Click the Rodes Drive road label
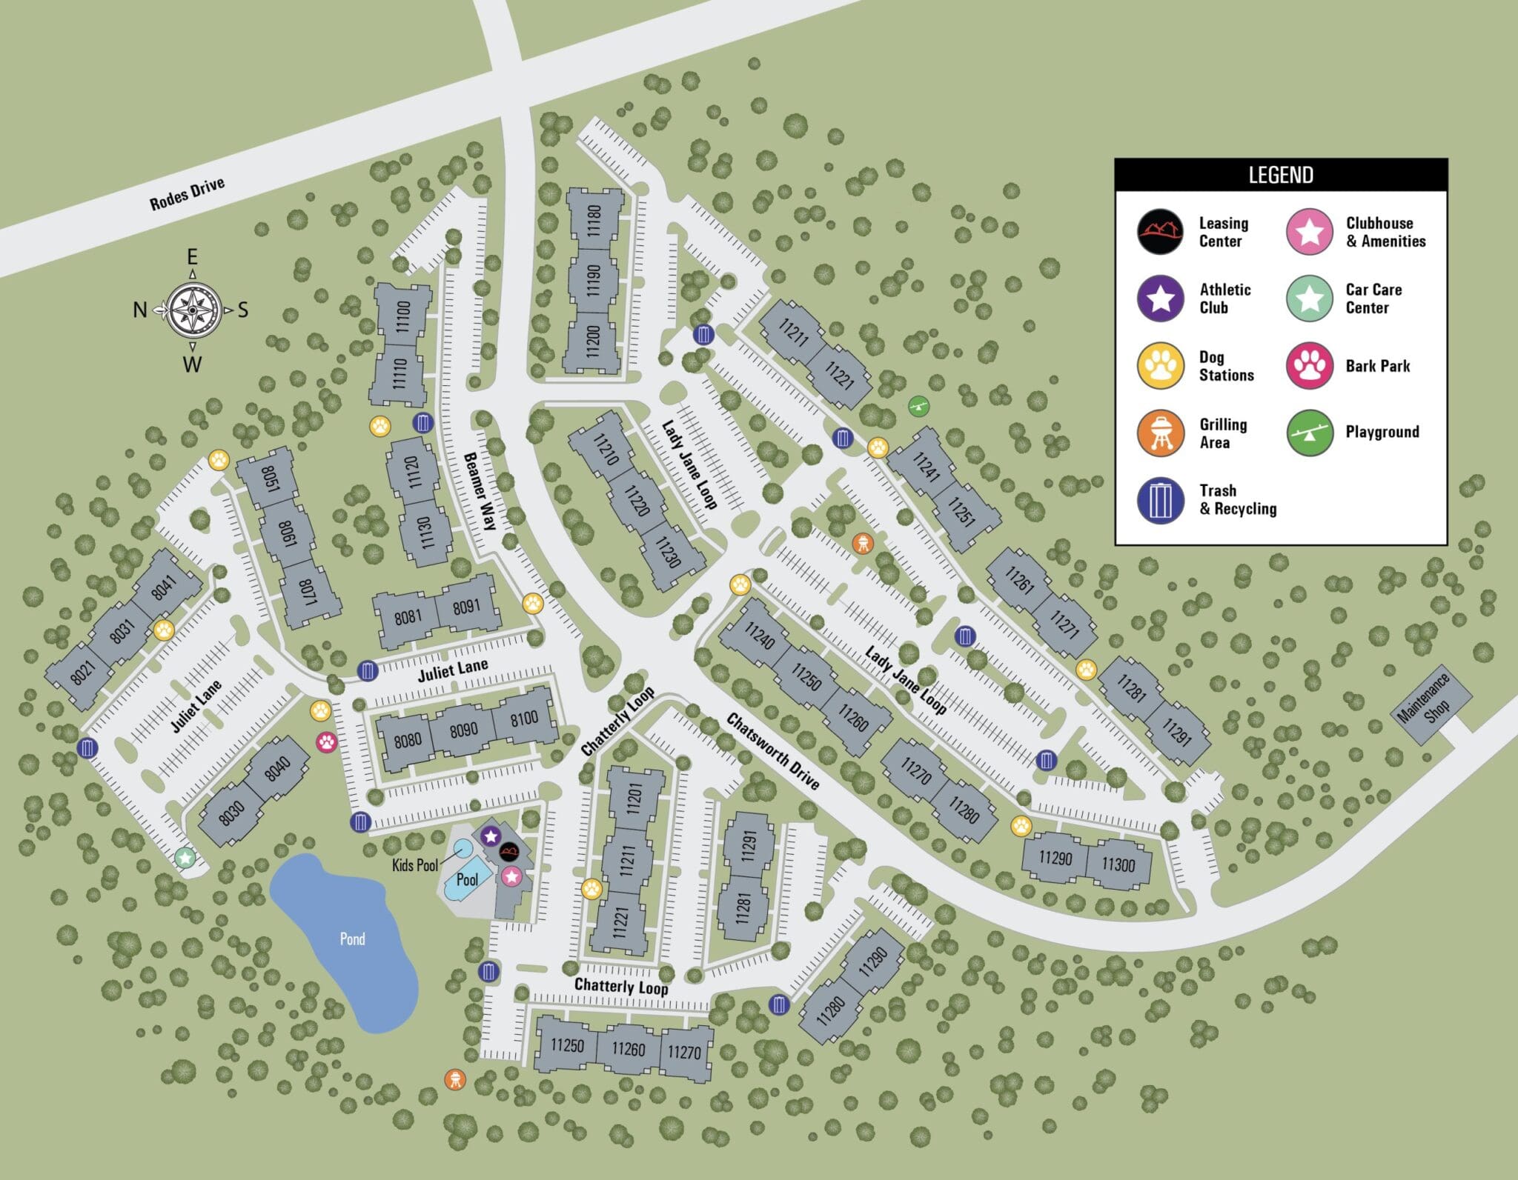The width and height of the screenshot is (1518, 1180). pos(187,194)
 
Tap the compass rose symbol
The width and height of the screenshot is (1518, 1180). pos(192,310)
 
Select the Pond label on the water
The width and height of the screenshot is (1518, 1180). pos(352,939)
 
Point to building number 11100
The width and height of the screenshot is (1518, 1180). pos(402,316)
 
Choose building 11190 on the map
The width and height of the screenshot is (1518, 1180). pos(592,279)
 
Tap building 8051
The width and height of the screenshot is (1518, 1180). pos(269,476)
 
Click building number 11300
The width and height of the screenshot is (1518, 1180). pos(1118,864)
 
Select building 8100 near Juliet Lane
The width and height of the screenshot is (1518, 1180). pos(524,718)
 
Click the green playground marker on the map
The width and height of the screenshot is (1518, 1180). pos(919,405)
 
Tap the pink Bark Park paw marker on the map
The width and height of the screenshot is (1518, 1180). pos(327,741)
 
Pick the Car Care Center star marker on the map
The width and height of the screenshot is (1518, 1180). pos(185,858)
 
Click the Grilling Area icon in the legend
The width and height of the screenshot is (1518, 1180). pos(1161,433)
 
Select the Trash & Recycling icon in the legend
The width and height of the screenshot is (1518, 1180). pos(1161,500)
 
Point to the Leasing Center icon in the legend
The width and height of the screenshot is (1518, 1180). pos(1161,232)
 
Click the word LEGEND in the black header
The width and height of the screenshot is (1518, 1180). pos(1281,176)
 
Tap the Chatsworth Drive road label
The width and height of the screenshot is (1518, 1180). pos(773,751)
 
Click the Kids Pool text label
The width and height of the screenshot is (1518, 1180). pos(415,864)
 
